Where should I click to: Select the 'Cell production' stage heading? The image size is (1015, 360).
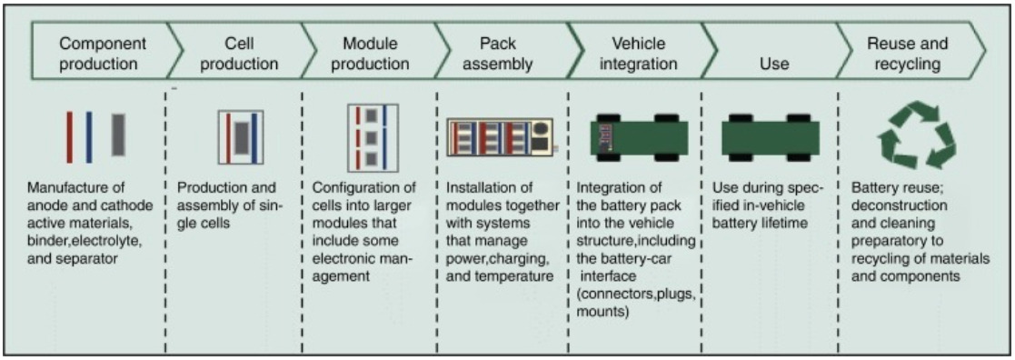tap(238, 55)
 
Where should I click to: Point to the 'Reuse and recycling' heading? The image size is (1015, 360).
tap(907, 55)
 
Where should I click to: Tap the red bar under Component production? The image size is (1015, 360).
tap(69, 136)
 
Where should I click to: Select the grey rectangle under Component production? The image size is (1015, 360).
tap(118, 135)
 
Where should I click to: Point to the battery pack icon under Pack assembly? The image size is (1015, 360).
tap(500, 136)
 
